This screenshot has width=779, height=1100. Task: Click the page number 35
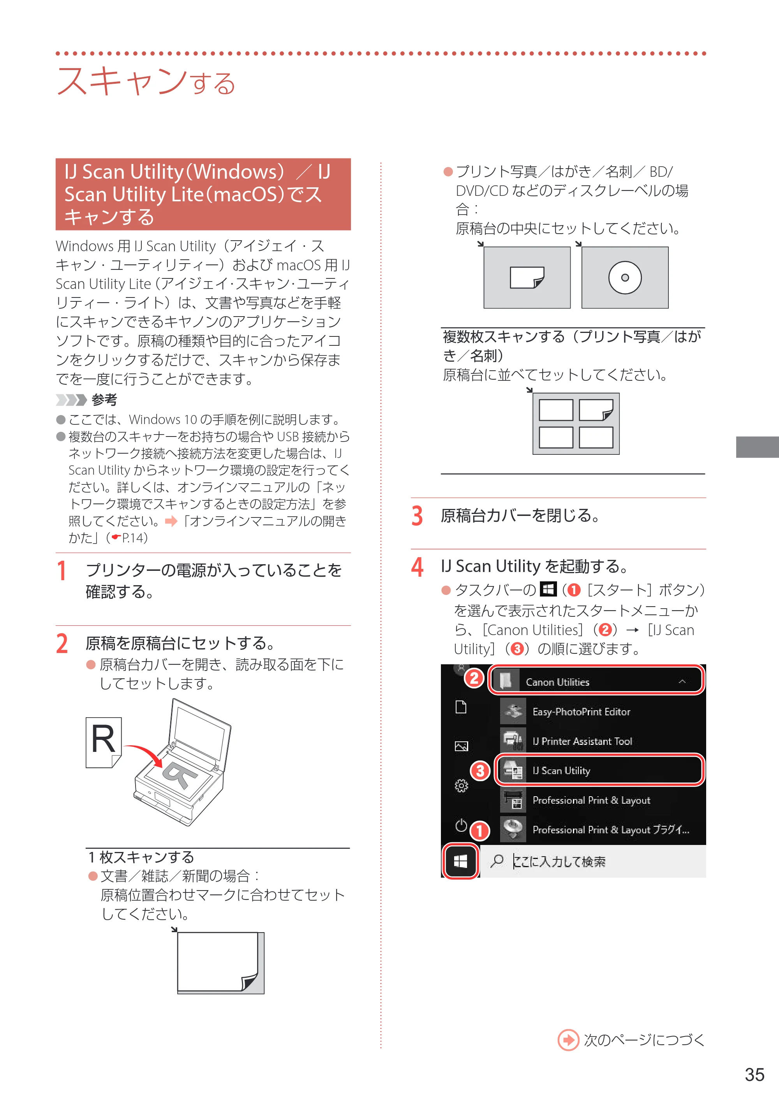pyautogui.click(x=754, y=1075)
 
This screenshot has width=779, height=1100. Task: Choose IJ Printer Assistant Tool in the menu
pyautogui.click(x=582, y=741)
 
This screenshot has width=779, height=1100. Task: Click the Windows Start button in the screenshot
pyautogui.click(x=460, y=862)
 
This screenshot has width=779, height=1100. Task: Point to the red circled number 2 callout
pyautogui.click(x=474, y=678)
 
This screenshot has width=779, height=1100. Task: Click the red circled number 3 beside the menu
pyautogui.click(x=480, y=771)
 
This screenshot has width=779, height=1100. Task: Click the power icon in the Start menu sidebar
pyautogui.click(x=461, y=825)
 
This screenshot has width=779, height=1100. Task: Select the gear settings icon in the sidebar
pyautogui.click(x=461, y=785)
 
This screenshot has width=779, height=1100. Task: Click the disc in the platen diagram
pyautogui.click(x=624, y=278)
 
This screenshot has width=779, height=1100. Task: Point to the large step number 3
pyautogui.click(x=417, y=516)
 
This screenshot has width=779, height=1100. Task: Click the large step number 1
pyautogui.click(x=62, y=570)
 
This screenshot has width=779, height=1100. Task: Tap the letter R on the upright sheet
pyautogui.click(x=103, y=739)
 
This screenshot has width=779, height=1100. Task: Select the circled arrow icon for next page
pyautogui.click(x=568, y=1040)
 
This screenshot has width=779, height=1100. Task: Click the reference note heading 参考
pyautogui.click(x=104, y=400)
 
